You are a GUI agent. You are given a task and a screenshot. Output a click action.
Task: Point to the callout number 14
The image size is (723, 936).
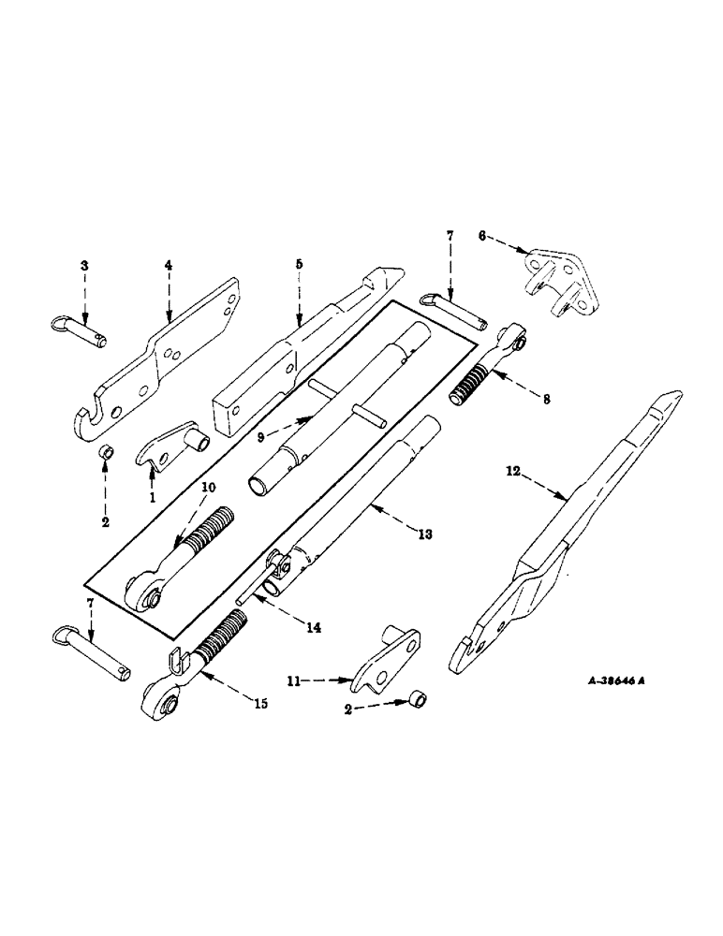(312, 628)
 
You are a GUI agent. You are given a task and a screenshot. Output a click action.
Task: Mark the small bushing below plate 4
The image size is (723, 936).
(107, 455)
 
